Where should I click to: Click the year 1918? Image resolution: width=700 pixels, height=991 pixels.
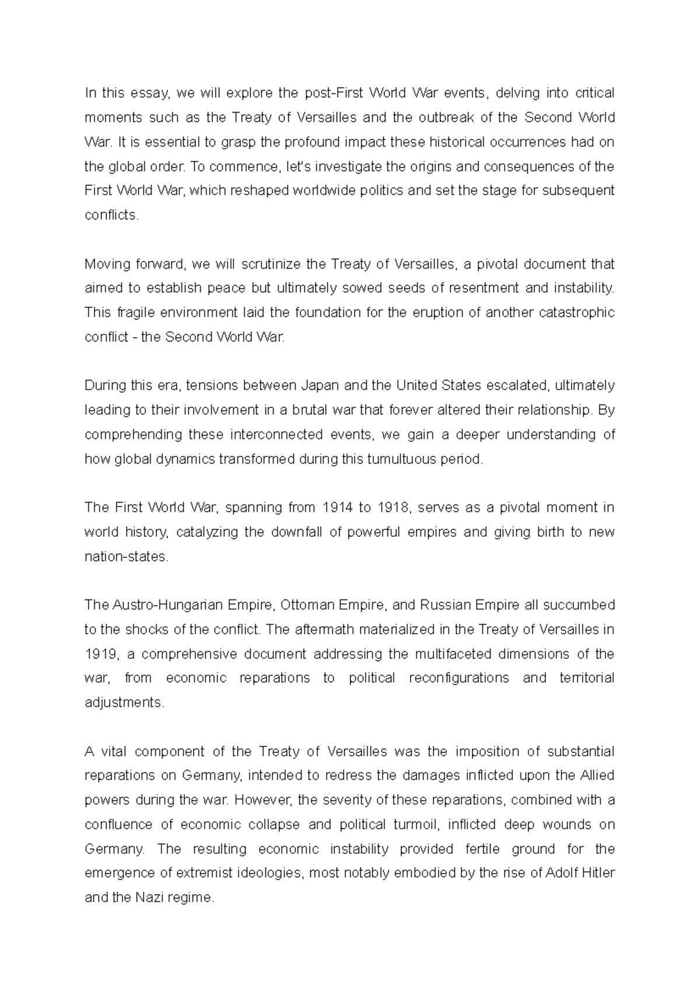pos(393,508)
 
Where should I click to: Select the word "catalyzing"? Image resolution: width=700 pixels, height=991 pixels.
pos(206,532)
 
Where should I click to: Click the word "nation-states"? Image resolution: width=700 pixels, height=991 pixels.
pos(125,557)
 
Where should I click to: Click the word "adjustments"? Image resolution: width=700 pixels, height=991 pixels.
pos(124,703)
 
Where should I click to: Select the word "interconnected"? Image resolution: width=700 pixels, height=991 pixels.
pos(276,435)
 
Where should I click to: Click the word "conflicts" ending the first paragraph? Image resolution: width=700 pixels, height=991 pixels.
pos(111,215)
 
